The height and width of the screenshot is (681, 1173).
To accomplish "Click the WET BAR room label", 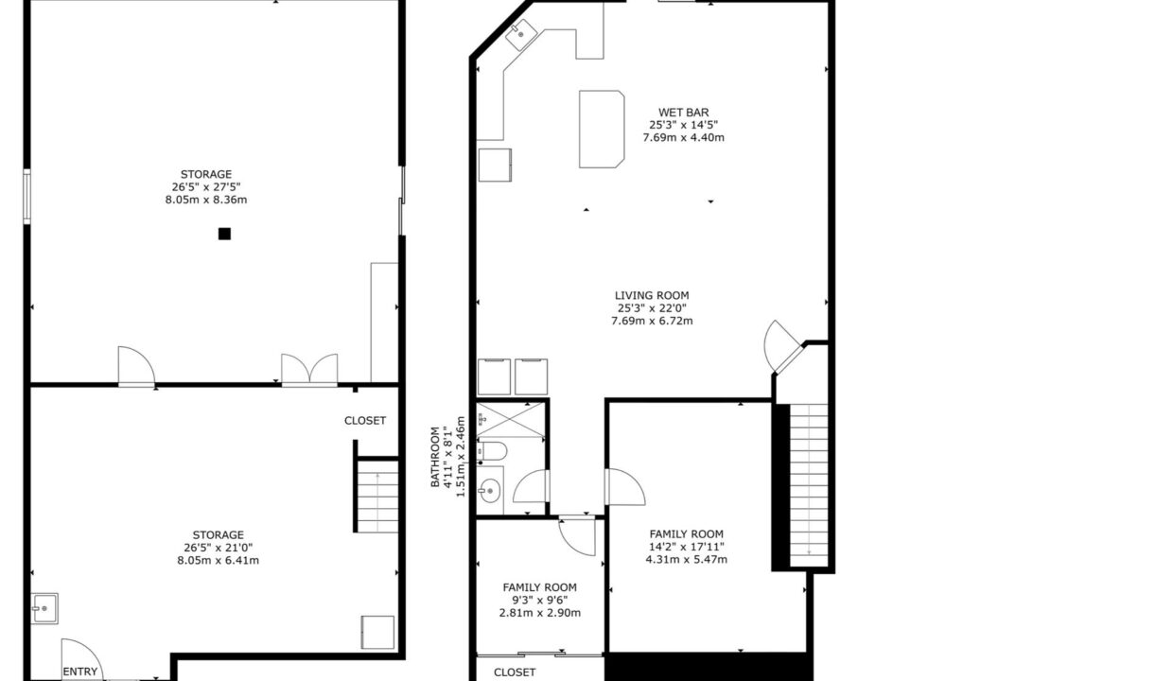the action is pos(683,113).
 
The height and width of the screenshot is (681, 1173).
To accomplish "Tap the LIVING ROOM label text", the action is pos(652,296).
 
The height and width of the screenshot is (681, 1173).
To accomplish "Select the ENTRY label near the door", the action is pos(80,672).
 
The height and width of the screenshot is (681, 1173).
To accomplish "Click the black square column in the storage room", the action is pos(224,234).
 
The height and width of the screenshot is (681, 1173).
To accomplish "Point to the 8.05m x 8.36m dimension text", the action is pos(206,200).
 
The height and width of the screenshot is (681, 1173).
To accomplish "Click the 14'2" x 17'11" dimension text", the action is pos(687,547).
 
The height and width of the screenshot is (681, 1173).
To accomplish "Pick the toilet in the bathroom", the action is pos(492,450).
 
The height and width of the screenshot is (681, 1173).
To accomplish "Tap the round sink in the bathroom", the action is pos(489,491).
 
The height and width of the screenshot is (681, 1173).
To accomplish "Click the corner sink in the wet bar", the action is pos(521,35).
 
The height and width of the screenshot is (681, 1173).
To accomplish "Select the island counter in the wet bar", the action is pos(602,130).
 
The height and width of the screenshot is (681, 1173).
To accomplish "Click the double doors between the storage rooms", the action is pos(309,370).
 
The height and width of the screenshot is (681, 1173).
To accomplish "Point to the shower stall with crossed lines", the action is pos(511,419).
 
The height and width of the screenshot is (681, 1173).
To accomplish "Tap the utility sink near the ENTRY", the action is pos(44,608).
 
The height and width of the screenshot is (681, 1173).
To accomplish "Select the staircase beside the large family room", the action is pos(809,485).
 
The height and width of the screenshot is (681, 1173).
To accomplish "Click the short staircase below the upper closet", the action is pos(377,497).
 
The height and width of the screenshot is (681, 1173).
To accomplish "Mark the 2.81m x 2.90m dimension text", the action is pos(540,613).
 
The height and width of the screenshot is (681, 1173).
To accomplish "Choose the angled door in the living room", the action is pos(783,346).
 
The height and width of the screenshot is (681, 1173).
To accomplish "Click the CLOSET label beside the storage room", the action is pos(365,421).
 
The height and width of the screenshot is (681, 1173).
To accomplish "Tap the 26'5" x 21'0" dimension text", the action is pos(218,548).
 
